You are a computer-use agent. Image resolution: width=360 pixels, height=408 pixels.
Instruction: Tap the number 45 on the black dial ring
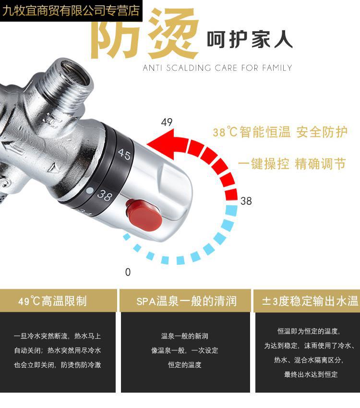(x=124, y=154)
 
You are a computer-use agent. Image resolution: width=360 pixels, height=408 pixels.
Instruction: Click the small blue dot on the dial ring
(x=90, y=190)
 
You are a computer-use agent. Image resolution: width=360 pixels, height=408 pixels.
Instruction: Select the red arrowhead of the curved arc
(x=161, y=144)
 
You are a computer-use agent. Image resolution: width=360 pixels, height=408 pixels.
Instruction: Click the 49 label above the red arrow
(x=167, y=122)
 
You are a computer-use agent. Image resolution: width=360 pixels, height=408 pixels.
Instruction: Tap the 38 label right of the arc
(x=246, y=201)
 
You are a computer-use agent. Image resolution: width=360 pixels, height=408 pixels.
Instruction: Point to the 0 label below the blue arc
(x=128, y=272)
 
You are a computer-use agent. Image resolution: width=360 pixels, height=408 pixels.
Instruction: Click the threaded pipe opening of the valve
(x=73, y=74)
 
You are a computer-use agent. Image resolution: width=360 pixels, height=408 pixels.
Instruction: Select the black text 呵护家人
(x=250, y=39)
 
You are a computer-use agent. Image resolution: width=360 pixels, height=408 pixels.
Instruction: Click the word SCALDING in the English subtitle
(x=188, y=68)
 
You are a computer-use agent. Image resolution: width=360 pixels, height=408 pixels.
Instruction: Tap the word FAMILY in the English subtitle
(x=277, y=68)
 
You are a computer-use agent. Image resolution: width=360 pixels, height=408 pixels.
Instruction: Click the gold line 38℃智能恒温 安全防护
(x=280, y=132)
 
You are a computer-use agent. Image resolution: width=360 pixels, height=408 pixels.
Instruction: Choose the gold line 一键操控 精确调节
(x=292, y=164)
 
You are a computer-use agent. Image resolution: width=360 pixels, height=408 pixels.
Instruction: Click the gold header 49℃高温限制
(x=52, y=301)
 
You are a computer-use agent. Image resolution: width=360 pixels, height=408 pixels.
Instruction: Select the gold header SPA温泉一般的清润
(x=186, y=301)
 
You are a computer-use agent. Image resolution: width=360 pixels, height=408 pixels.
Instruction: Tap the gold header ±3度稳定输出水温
(x=310, y=301)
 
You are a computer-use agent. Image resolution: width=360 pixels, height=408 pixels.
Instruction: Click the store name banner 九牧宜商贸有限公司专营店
(x=71, y=11)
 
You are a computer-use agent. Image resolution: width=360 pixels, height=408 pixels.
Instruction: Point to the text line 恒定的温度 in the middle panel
(x=184, y=365)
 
